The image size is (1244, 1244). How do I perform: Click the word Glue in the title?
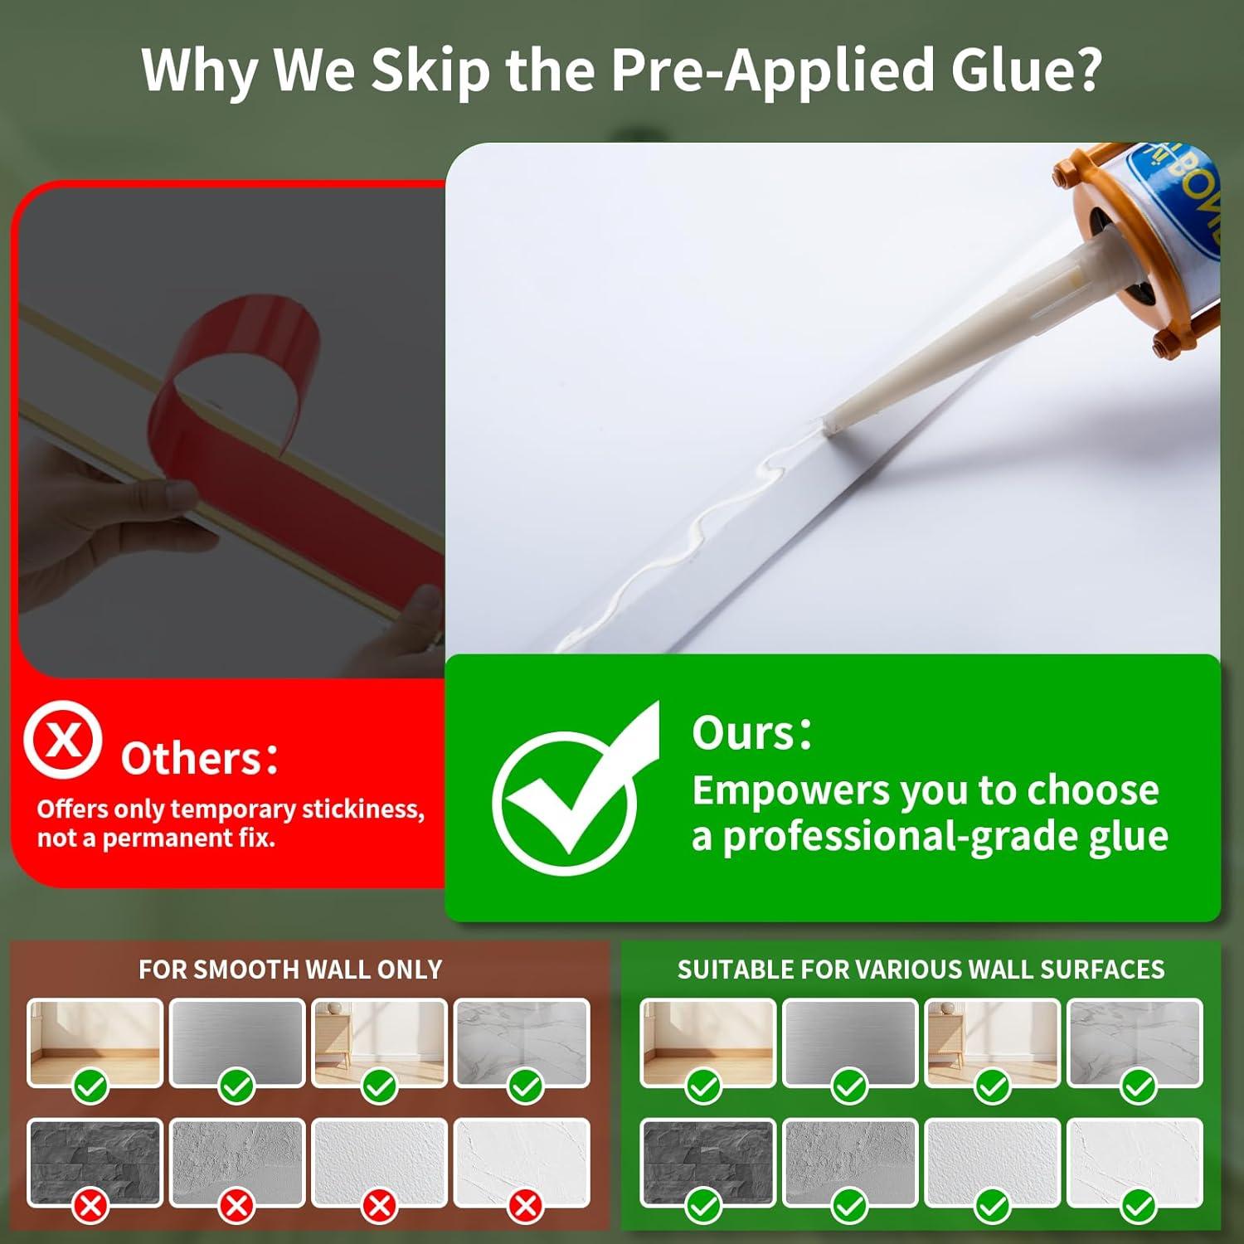pyautogui.click(x=1026, y=70)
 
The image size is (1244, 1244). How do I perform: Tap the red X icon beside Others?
pyautogui.click(x=62, y=739)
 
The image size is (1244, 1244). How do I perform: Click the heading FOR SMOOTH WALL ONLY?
pyautogui.click(x=290, y=969)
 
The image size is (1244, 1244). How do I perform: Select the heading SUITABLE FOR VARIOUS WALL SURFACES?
pyautogui.click(x=921, y=969)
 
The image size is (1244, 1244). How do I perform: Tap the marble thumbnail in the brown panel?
pyautogui.click(x=522, y=1042)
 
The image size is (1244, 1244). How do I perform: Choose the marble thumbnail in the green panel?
pyautogui.click(x=1135, y=1042)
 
